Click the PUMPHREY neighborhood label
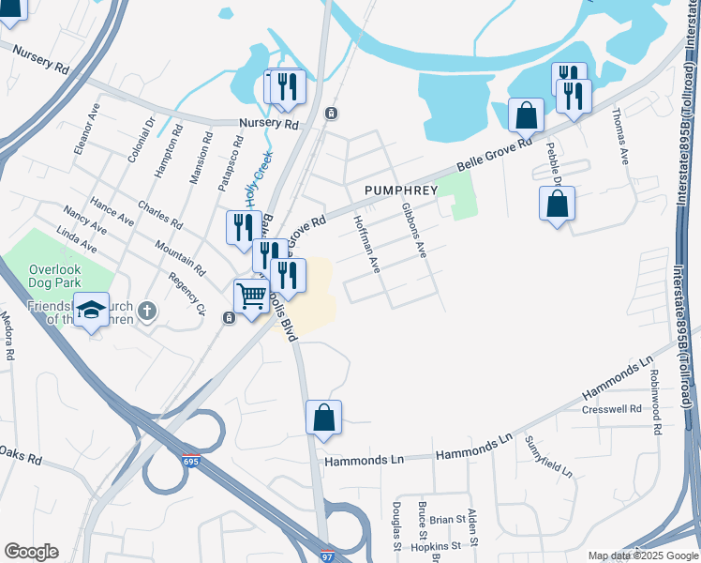tap(408, 190)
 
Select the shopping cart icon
tap(251, 297)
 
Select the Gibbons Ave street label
tap(413, 231)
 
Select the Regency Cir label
tap(187, 292)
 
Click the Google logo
tap(31, 552)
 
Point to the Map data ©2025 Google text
tap(643, 556)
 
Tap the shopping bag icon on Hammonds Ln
tap(323, 418)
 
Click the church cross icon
tap(146, 311)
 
